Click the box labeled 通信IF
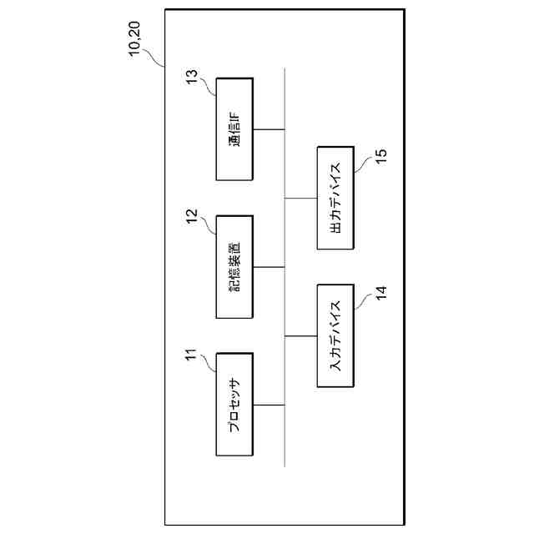tap(234, 129)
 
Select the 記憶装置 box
tap(234, 267)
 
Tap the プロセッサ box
tap(234, 404)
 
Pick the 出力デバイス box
tap(336, 198)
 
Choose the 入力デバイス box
tap(336, 335)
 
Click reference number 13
tap(191, 78)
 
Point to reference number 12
tap(191, 216)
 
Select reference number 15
tap(380, 157)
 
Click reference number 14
tap(380, 294)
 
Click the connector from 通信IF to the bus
tap(269, 129)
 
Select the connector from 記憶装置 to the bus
tap(269, 267)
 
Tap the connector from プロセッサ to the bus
tap(269, 405)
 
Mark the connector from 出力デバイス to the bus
tap(301, 199)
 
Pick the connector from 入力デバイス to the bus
tap(301, 335)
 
